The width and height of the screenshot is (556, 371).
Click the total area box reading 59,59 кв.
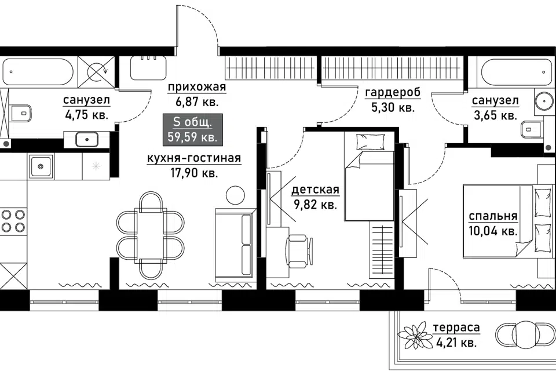192,130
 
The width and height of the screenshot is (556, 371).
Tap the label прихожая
197,86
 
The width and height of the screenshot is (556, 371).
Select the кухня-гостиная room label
194,158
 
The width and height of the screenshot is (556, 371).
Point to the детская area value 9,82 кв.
315,205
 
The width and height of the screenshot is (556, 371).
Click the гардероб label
393,92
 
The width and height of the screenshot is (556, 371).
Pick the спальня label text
493,216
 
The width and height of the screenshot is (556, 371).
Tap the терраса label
456,328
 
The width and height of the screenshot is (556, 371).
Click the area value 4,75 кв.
86,115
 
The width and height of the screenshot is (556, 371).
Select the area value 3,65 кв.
495,115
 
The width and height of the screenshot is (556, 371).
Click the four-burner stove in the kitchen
13,220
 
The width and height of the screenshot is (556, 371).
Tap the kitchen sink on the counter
41,166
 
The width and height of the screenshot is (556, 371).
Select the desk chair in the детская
299,251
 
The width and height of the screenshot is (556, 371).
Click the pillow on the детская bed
370,142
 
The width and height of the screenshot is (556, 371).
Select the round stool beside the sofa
235,195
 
